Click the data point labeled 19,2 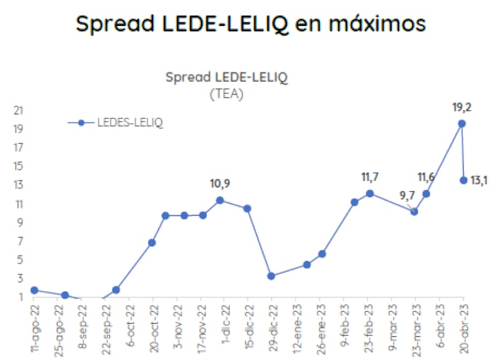pyautogui.click(x=461, y=124)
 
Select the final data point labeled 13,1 pyautogui.click(x=464, y=180)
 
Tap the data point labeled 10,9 pyautogui.click(x=220, y=200)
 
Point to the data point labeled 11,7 pyautogui.click(x=370, y=193)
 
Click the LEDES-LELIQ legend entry pyautogui.click(x=116, y=123)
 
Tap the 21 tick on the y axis pyautogui.click(x=18, y=110)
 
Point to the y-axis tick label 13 pyautogui.click(x=18, y=184)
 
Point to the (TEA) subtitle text pyautogui.click(x=226, y=94)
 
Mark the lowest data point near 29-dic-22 pyautogui.click(x=271, y=276)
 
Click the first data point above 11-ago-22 pyautogui.click(x=34, y=290)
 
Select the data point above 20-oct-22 pyautogui.click(x=152, y=242)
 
